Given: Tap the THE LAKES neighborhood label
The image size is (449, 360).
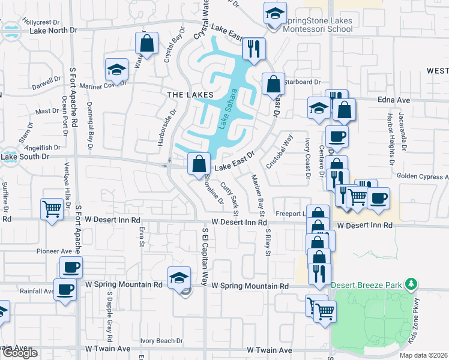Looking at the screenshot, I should click(190, 95).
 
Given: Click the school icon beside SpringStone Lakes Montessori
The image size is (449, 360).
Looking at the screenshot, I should click(274, 13).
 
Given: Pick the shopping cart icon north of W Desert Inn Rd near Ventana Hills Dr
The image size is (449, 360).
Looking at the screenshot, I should click(52, 209).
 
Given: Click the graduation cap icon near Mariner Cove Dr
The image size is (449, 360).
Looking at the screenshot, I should click(116, 69).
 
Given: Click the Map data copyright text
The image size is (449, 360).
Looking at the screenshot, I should click(423, 355).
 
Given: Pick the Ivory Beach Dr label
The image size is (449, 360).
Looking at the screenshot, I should click(161, 340).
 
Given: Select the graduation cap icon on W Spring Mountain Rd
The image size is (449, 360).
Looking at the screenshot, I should click(178, 277).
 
